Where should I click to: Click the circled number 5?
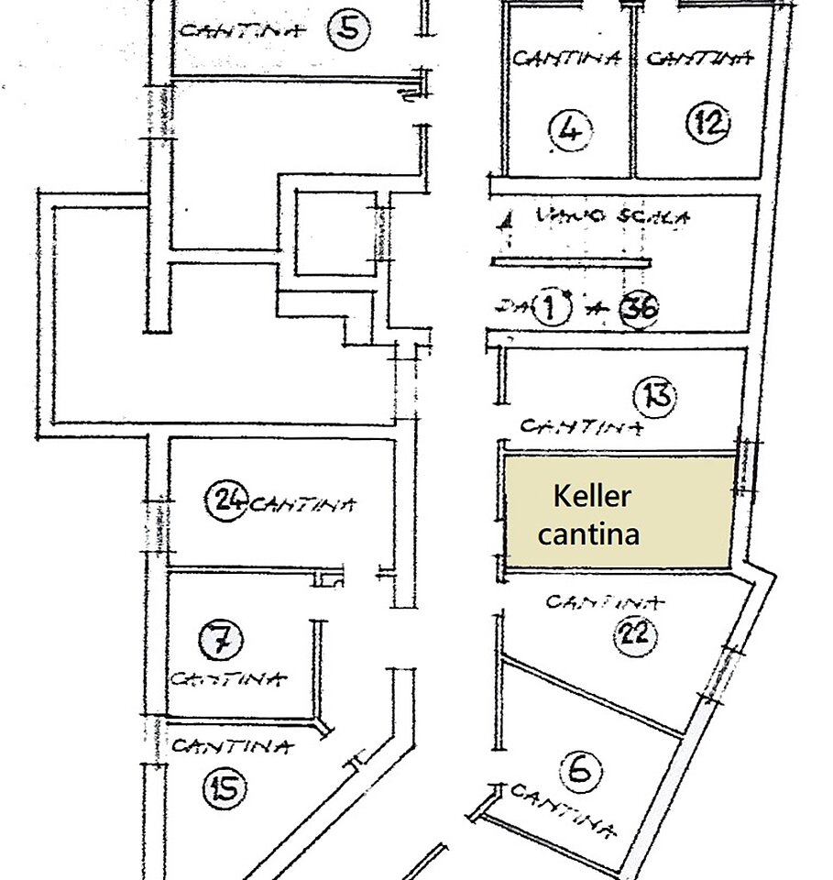(349, 28)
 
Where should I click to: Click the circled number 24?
(226, 500)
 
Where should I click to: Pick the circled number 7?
(221, 638)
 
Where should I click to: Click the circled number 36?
(638, 309)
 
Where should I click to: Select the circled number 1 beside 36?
(550, 308)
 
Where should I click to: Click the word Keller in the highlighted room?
(592, 498)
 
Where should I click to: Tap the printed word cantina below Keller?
(588, 533)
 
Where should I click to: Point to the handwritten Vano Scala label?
(612, 218)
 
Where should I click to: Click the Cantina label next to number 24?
(302, 503)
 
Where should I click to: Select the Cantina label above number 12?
(700, 59)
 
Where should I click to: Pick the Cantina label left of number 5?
(241, 30)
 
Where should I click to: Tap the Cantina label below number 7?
(228, 679)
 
